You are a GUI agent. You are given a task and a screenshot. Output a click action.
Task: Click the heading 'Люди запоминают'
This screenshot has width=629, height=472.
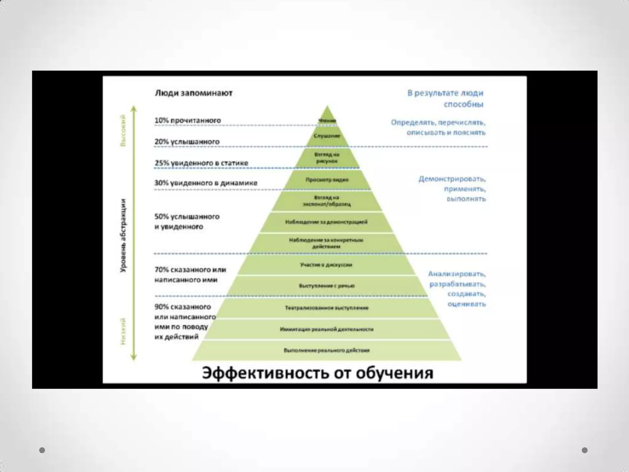pos(193,93)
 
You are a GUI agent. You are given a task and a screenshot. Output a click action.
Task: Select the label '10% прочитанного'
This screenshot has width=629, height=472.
pos(188,120)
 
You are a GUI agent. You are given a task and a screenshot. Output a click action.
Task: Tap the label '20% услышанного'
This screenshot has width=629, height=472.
pos(187,142)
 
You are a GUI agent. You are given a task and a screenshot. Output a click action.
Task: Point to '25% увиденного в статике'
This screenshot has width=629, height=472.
pos(201,163)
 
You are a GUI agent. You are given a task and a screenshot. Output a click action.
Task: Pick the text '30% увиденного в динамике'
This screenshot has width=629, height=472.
pos(206,183)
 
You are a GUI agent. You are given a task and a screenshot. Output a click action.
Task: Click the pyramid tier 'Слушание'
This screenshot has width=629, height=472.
pos(327,136)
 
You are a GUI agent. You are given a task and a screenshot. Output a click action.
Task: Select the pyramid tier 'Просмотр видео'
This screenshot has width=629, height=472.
pos(327,180)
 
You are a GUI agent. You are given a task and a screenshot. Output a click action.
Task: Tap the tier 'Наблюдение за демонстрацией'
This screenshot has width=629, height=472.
pos(326,222)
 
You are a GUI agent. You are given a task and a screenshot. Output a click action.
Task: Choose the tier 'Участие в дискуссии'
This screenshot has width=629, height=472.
pos(326,265)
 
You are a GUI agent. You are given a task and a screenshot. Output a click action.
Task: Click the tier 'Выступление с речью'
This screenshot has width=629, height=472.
pos(327,286)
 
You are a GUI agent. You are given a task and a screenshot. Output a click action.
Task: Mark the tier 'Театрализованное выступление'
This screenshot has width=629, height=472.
pos(327,308)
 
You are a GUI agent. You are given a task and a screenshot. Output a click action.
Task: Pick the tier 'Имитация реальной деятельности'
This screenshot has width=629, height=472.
pos(327,329)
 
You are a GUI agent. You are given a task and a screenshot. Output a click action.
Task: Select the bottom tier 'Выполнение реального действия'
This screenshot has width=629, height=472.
pos(327,350)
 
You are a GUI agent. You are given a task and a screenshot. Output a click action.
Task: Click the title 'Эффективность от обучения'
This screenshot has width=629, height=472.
pos(318,373)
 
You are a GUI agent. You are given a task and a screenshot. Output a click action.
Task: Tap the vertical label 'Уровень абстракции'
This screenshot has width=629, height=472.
pos(123,235)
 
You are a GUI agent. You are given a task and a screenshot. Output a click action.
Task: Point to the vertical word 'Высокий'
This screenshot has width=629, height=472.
pos(123,130)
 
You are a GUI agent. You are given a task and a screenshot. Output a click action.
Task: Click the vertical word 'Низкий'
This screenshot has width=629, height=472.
pos(123,331)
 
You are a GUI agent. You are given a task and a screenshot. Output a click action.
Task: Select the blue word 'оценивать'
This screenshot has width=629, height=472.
pos(467,304)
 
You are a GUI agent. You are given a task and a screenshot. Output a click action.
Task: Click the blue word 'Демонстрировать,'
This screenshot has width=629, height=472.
pos(452,179)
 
